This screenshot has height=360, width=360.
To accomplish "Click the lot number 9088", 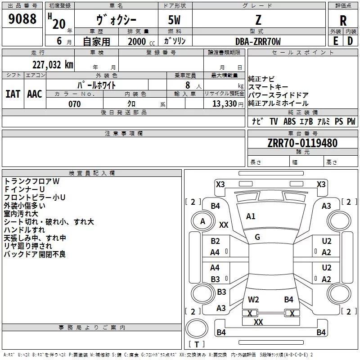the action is point(22,19).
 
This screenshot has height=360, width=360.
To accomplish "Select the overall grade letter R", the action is point(343,21).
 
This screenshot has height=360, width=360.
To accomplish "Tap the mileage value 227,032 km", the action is point(53,65).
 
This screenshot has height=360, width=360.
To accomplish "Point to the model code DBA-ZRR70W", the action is point(258,41).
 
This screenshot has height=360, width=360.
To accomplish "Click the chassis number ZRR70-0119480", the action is point(302,143).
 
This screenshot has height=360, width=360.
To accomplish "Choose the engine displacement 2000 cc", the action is point(141,41).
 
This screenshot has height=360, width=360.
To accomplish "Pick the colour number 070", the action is point(75,104).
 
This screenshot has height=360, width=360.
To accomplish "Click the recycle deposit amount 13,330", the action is point(224,104).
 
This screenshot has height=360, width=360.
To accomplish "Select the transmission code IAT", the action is point(13,94).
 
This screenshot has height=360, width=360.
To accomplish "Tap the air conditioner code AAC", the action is point(35,94).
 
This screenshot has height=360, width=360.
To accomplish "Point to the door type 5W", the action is point(174,20).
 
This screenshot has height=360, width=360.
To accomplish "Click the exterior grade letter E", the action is point(335,41).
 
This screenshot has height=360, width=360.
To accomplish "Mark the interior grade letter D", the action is point(350,41).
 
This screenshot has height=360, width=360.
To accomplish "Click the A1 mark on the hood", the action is point(251,216).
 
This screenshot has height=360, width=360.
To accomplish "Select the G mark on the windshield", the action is point(257,237).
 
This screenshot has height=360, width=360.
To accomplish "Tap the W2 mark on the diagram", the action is point(253,300).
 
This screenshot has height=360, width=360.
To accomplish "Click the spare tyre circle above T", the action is point(197,328).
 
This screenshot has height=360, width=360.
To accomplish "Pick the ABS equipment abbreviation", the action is point(289,121).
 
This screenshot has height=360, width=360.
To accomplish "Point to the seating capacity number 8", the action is point(188,85).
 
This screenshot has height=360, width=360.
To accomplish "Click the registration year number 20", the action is point(59,24).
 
